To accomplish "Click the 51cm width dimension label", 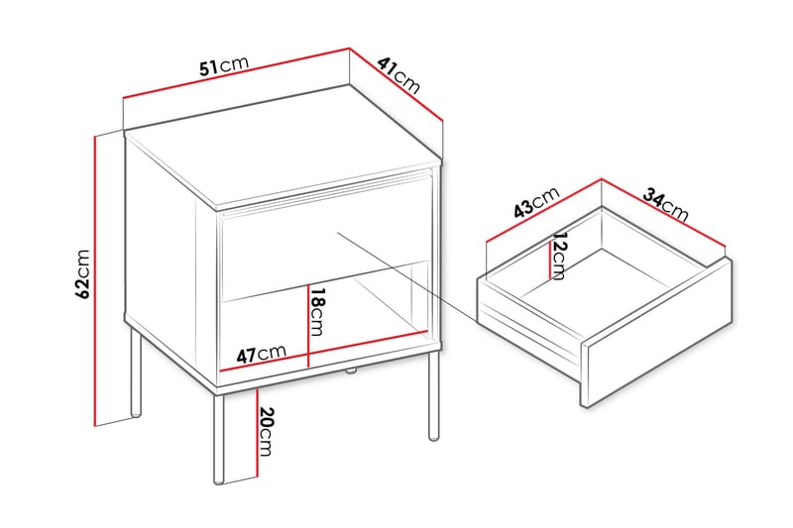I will [x=223, y=67].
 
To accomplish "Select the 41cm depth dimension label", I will [x=399, y=75].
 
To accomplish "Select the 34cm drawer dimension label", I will [x=665, y=204].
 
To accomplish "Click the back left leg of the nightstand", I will [x=136, y=376].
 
